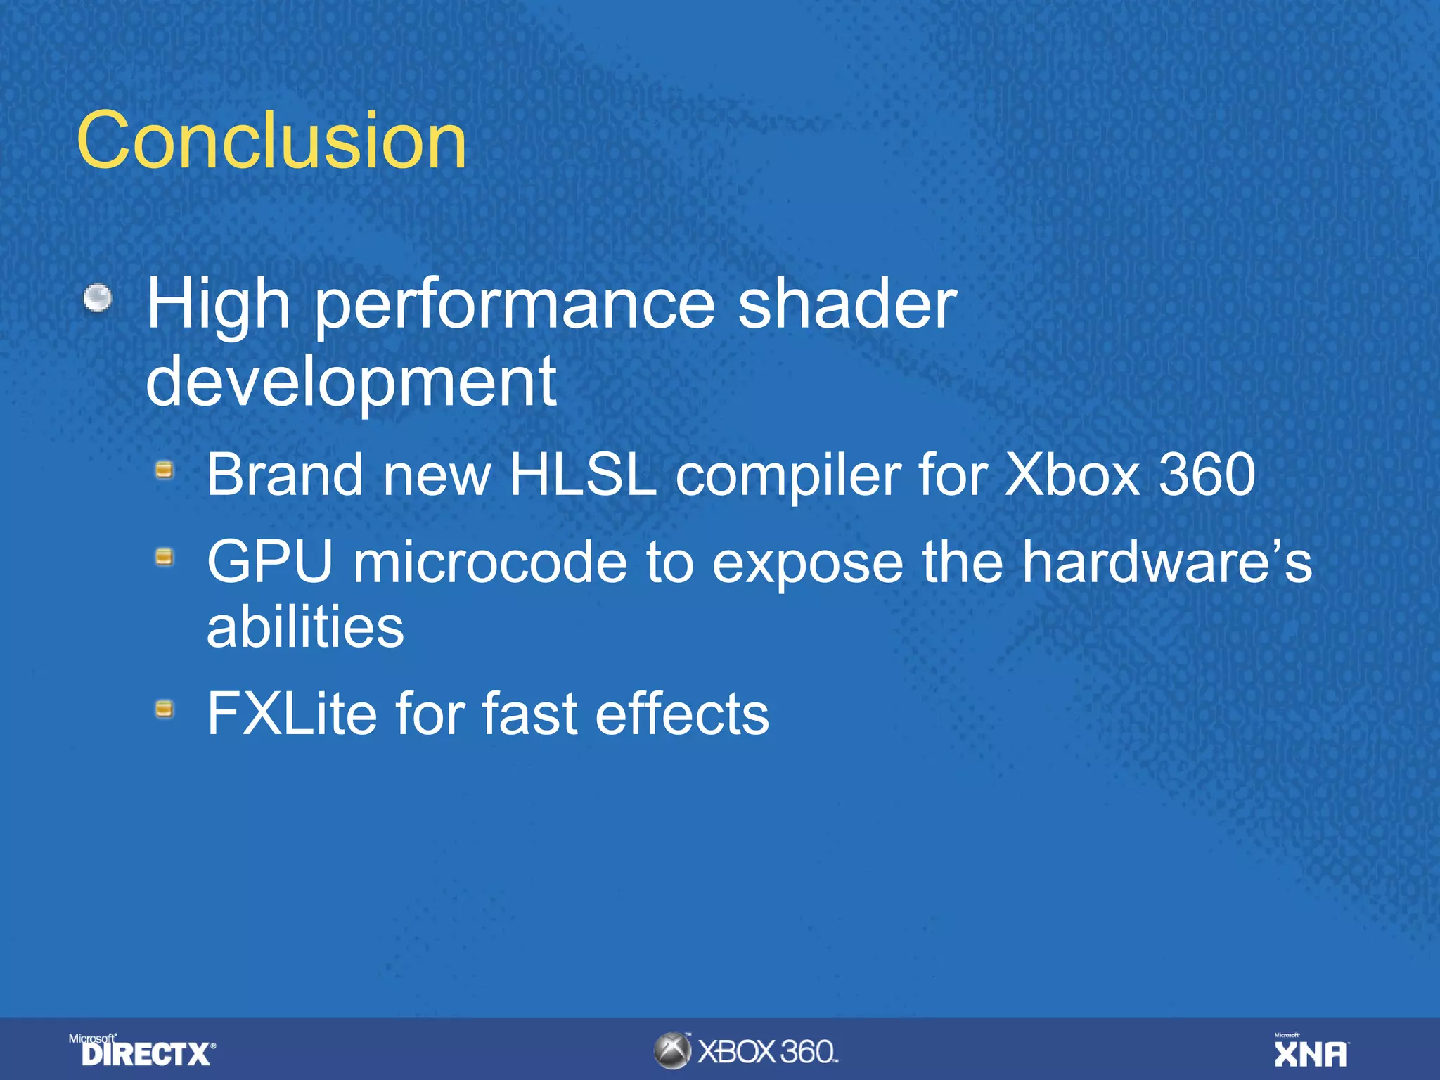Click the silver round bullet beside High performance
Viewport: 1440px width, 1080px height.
[98, 298]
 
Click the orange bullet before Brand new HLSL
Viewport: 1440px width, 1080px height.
[165, 470]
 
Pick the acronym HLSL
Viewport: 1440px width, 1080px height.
[582, 475]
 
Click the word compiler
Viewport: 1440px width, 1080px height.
[788, 477]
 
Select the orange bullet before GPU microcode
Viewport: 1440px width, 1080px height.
[165, 558]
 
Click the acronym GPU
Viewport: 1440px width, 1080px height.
[270, 562]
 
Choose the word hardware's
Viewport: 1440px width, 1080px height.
[1166, 562]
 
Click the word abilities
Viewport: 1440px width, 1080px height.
[305, 626]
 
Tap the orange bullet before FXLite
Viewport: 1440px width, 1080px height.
[165, 709]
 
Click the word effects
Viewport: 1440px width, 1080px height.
[682, 714]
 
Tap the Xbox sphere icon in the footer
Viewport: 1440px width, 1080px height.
[673, 1051]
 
